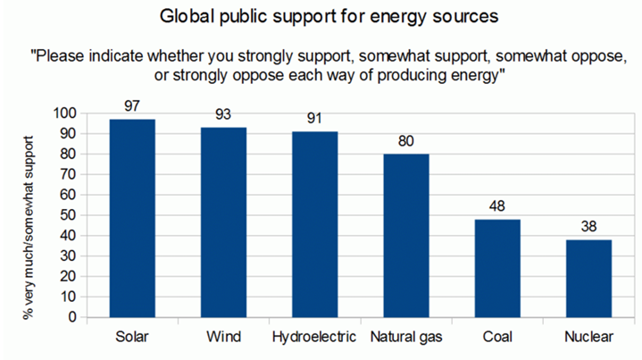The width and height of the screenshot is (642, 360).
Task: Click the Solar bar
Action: [132, 218]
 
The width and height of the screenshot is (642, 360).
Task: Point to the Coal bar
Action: [497, 268]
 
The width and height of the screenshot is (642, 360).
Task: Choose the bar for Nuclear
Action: [588, 278]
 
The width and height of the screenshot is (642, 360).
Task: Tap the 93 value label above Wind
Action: [224, 115]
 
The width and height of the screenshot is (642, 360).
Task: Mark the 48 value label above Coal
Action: [497, 206]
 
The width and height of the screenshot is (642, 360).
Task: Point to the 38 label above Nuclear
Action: [588, 227]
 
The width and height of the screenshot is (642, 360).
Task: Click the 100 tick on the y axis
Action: [65, 113]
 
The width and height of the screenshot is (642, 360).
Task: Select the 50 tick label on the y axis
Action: [69, 215]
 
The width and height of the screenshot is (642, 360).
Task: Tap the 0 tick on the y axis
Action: [72, 317]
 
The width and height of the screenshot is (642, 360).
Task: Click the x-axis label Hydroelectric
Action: [315, 338]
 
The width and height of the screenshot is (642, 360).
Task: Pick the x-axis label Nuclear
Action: [588, 338]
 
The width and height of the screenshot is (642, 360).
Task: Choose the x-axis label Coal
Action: [497, 338]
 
